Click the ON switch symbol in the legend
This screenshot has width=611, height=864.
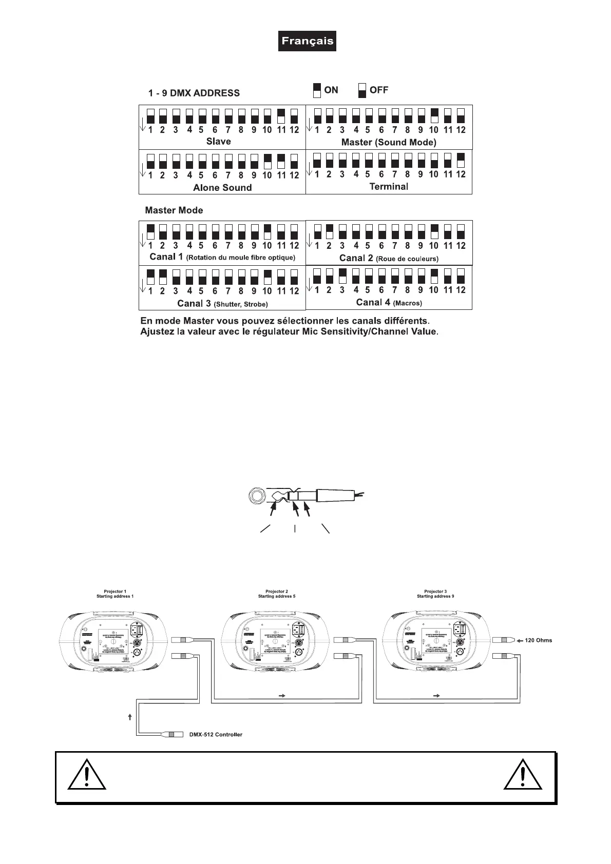(317, 90)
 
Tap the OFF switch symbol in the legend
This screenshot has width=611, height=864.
(362, 90)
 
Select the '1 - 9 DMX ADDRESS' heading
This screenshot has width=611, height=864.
(194, 93)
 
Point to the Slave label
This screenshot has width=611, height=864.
(218, 141)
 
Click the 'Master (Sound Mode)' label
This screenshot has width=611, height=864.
(389, 142)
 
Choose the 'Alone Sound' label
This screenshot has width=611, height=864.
(222, 187)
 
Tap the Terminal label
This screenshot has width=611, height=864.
(389, 186)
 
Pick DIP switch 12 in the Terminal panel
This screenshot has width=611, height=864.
(461, 160)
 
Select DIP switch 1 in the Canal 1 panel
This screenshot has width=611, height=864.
(150, 231)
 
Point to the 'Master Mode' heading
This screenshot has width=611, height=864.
(174, 210)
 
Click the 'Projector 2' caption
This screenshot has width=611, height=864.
(277, 592)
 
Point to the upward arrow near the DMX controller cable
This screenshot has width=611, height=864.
(130, 717)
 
